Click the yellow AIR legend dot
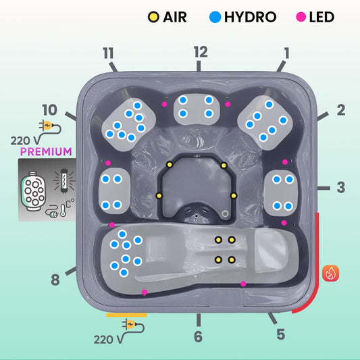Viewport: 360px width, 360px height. tap(153, 17)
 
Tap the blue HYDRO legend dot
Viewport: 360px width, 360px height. tap(215, 17)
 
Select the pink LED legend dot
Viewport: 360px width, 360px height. tap(301, 17)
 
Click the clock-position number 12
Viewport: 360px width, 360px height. tap(201, 51)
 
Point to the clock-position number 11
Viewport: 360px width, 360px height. tap(108, 53)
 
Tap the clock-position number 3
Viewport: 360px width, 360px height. tap(341, 187)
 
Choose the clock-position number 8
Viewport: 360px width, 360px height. tap(55, 280)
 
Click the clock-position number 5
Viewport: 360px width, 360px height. tap(281, 334)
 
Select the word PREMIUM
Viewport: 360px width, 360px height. tap(46, 152)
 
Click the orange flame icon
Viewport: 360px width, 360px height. tap(330, 273)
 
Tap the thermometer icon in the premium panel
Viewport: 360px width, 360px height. tap(63, 210)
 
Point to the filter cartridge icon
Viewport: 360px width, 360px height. tap(33, 191)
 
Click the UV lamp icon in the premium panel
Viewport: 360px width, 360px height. tap(64, 180)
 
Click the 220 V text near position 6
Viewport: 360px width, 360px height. tap(108, 340)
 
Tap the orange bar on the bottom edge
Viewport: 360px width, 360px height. tap(126, 315)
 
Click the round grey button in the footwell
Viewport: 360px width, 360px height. tap(225, 213)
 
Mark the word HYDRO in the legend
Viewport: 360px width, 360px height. tap(251, 17)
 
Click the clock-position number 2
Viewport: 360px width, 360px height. tap(341, 109)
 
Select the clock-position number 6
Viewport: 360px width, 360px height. tap(199, 336)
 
